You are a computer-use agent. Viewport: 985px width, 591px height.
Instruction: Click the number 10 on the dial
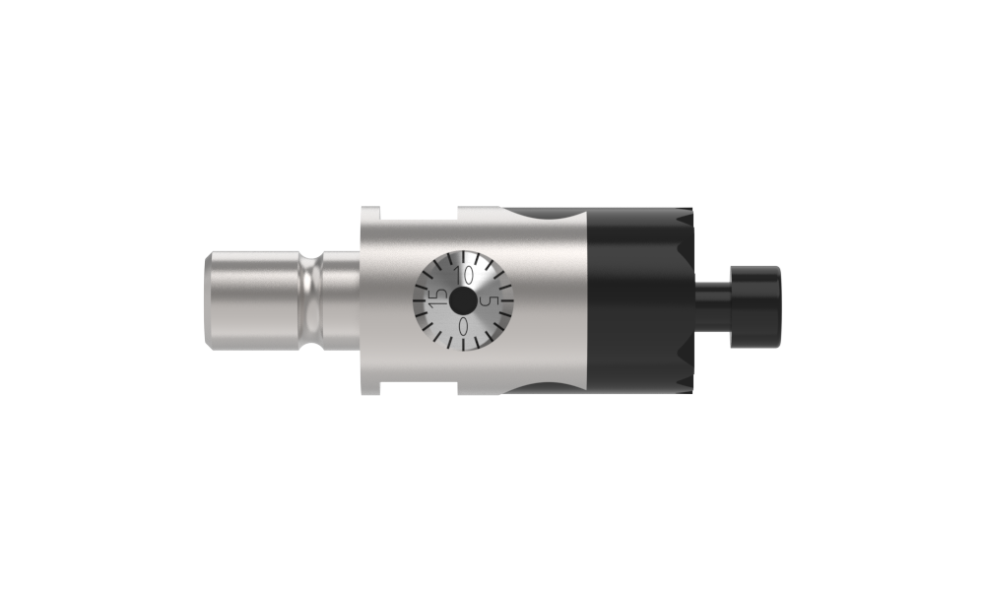(x=464, y=275)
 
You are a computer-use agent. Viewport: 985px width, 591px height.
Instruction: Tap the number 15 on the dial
(x=438, y=297)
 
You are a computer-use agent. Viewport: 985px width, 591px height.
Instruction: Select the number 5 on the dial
(x=489, y=301)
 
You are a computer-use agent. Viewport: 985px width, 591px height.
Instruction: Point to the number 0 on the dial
(x=464, y=326)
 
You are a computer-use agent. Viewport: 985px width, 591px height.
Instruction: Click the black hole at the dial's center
(x=463, y=300)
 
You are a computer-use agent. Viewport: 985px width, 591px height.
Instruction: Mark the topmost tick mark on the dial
(x=463, y=257)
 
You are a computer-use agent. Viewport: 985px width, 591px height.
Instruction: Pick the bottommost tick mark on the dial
(x=464, y=345)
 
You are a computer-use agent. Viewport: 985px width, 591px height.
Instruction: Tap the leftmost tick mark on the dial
(x=419, y=300)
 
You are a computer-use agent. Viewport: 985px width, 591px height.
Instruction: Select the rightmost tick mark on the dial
(x=507, y=300)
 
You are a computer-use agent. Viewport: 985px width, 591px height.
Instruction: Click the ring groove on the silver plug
(x=309, y=300)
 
